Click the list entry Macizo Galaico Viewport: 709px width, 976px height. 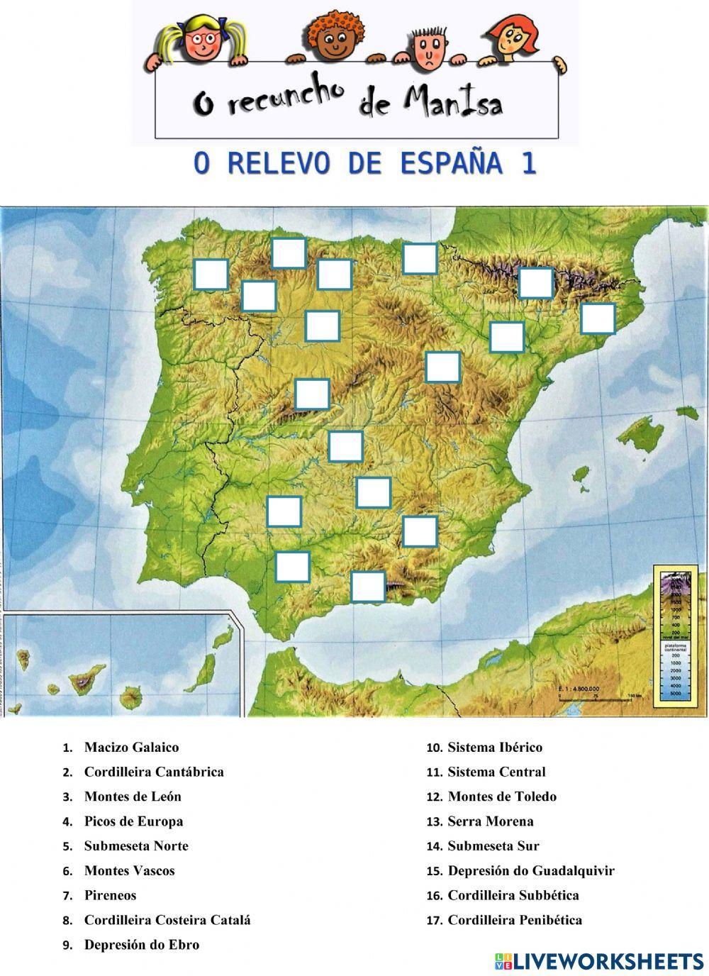point(131,747)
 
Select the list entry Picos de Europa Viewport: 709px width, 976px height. point(133,821)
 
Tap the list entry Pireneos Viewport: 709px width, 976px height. point(110,895)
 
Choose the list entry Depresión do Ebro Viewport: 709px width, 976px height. point(142,945)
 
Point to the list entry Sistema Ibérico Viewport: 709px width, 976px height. point(495,747)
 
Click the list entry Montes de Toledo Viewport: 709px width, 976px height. point(502,797)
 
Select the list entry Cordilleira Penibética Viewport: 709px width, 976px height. point(515,920)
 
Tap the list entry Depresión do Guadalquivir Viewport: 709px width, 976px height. point(531,870)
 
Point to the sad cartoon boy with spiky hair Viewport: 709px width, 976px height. point(429,48)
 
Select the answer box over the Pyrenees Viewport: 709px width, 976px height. point(536,283)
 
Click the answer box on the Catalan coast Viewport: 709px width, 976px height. point(598,318)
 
